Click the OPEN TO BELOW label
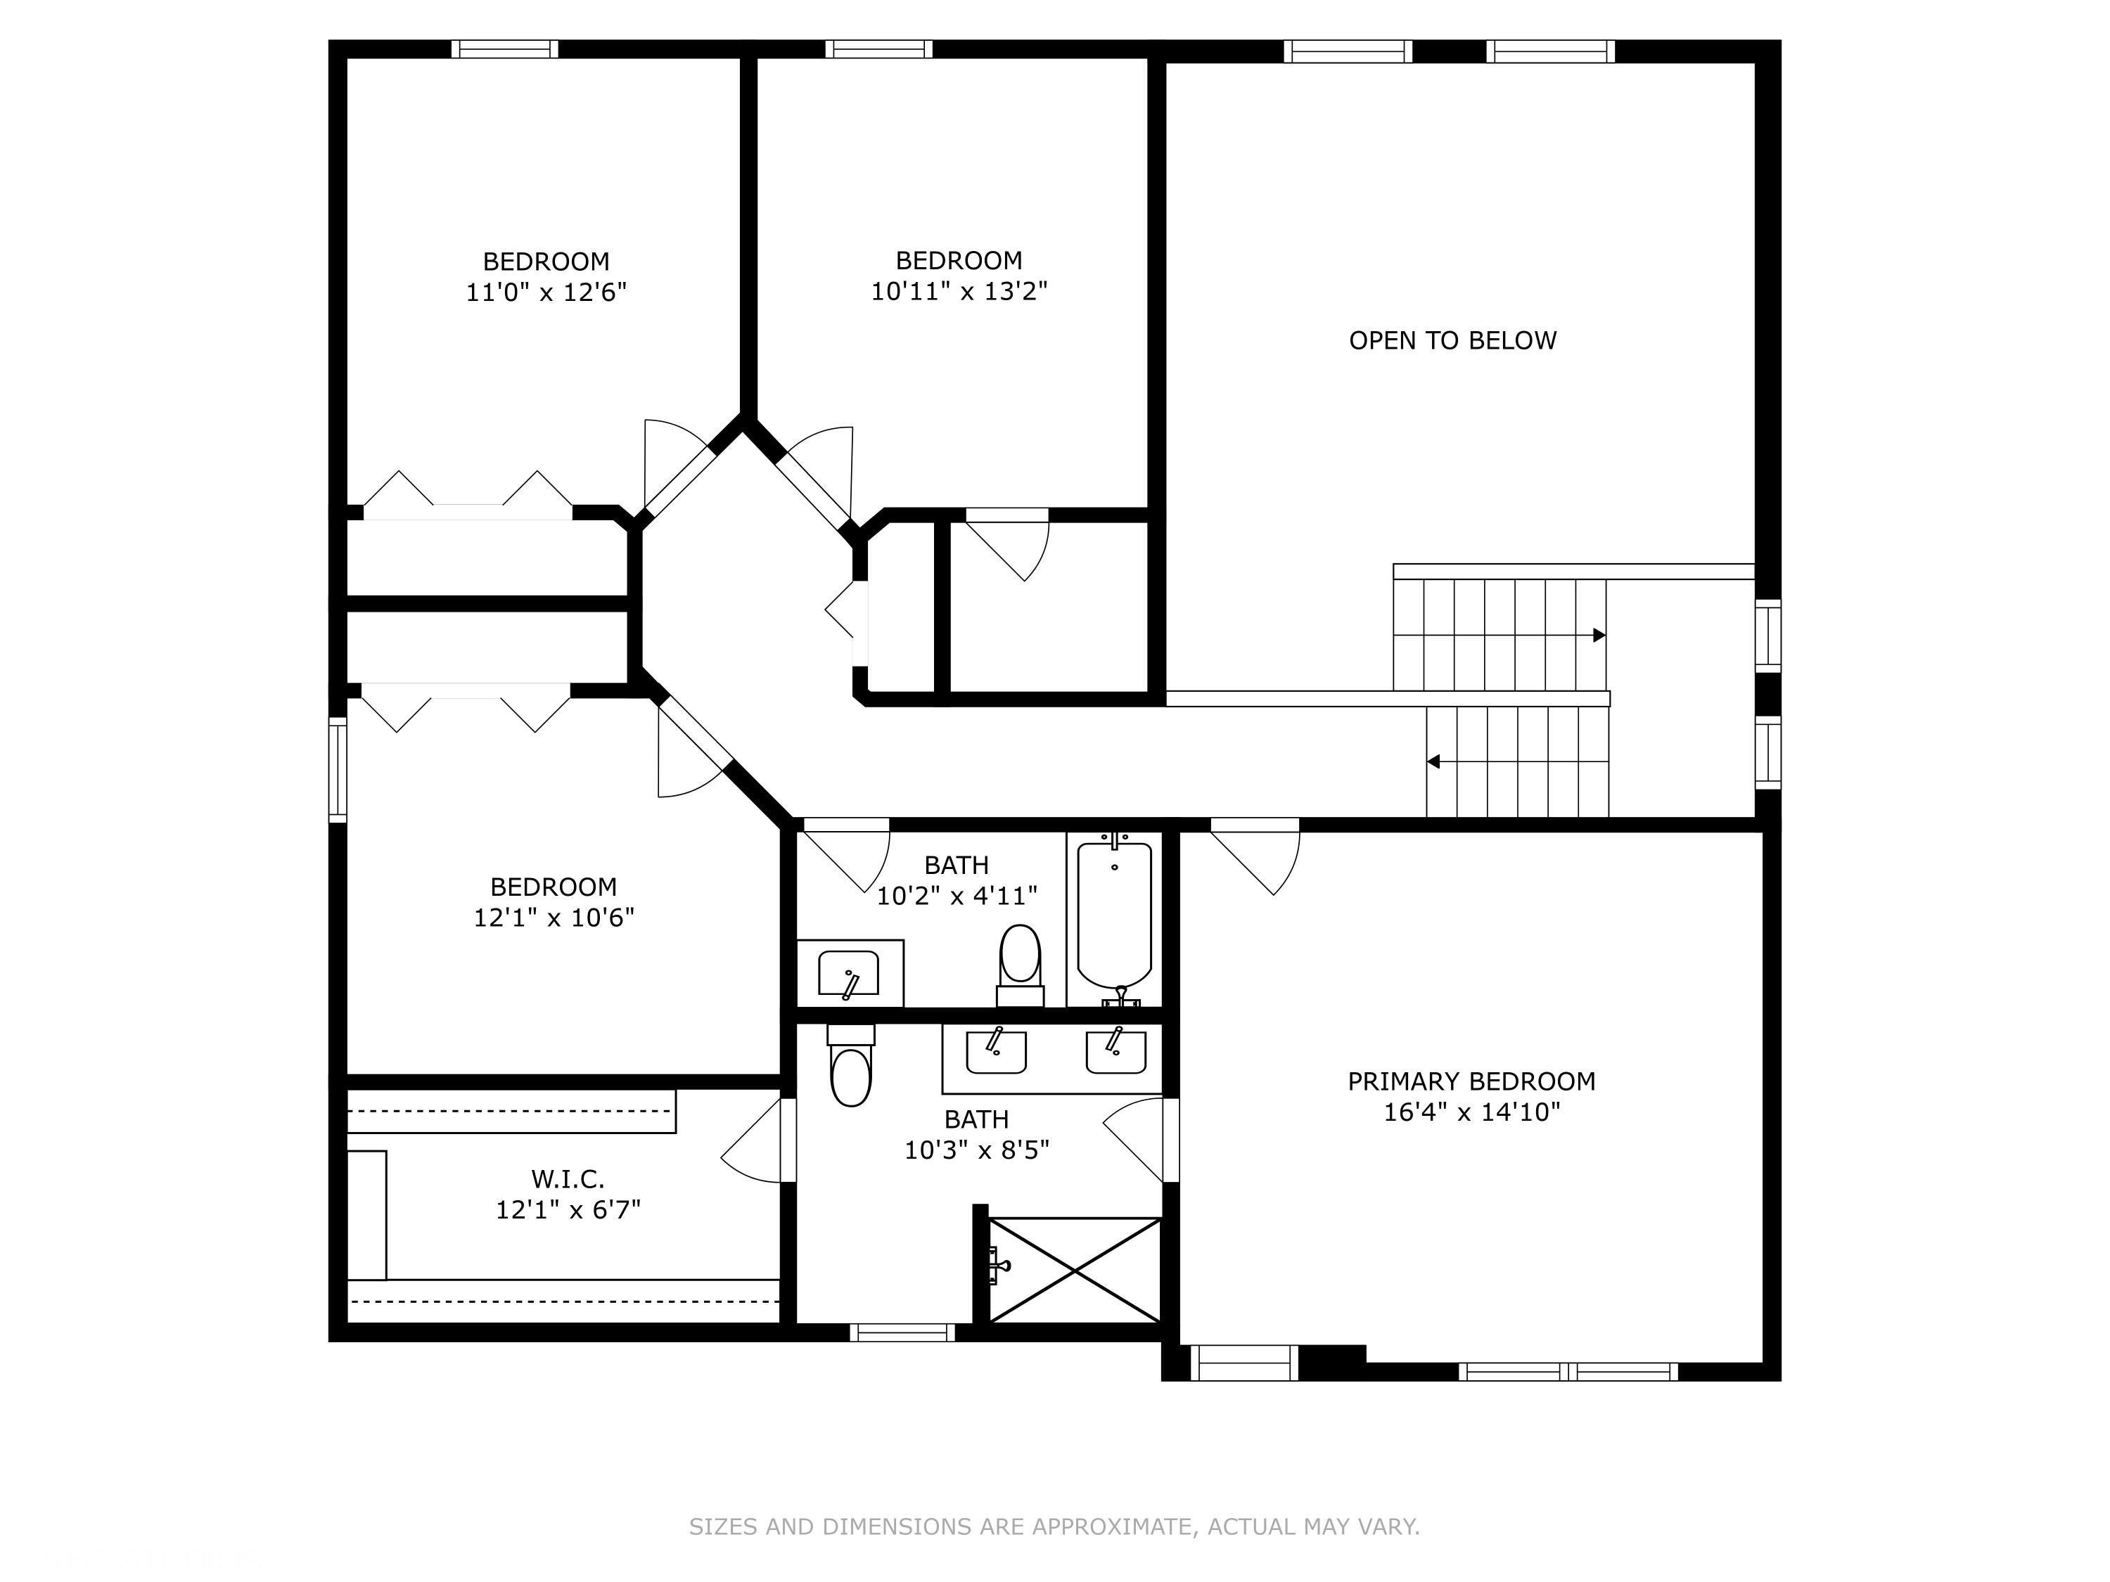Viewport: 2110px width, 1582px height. pyautogui.click(x=1452, y=340)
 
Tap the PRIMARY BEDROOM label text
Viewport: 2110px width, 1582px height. pyautogui.click(x=1471, y=1081)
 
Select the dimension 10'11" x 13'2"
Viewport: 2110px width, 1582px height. pyautogui.click(x=959, y=292)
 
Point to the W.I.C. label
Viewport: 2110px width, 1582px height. pyautogui.click(x=568, y=1180)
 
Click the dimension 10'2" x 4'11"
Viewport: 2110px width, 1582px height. pyautogui.click(x=957, y=896)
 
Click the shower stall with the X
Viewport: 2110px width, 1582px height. pyautogui.click(x=1075, y=1271)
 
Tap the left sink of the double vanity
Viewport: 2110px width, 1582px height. pyautogui.click(x=996, y=1052)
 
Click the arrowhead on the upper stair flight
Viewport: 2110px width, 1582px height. pyautogui.click(x=1599, y=635)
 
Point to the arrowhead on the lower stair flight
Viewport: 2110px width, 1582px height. pyautogui.click(x=1433, y=762)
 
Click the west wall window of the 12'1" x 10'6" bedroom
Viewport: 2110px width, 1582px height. pyautogui.click(x=338, y=769)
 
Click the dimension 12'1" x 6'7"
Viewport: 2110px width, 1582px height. pyautogui.click(x=568, y=1210)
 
